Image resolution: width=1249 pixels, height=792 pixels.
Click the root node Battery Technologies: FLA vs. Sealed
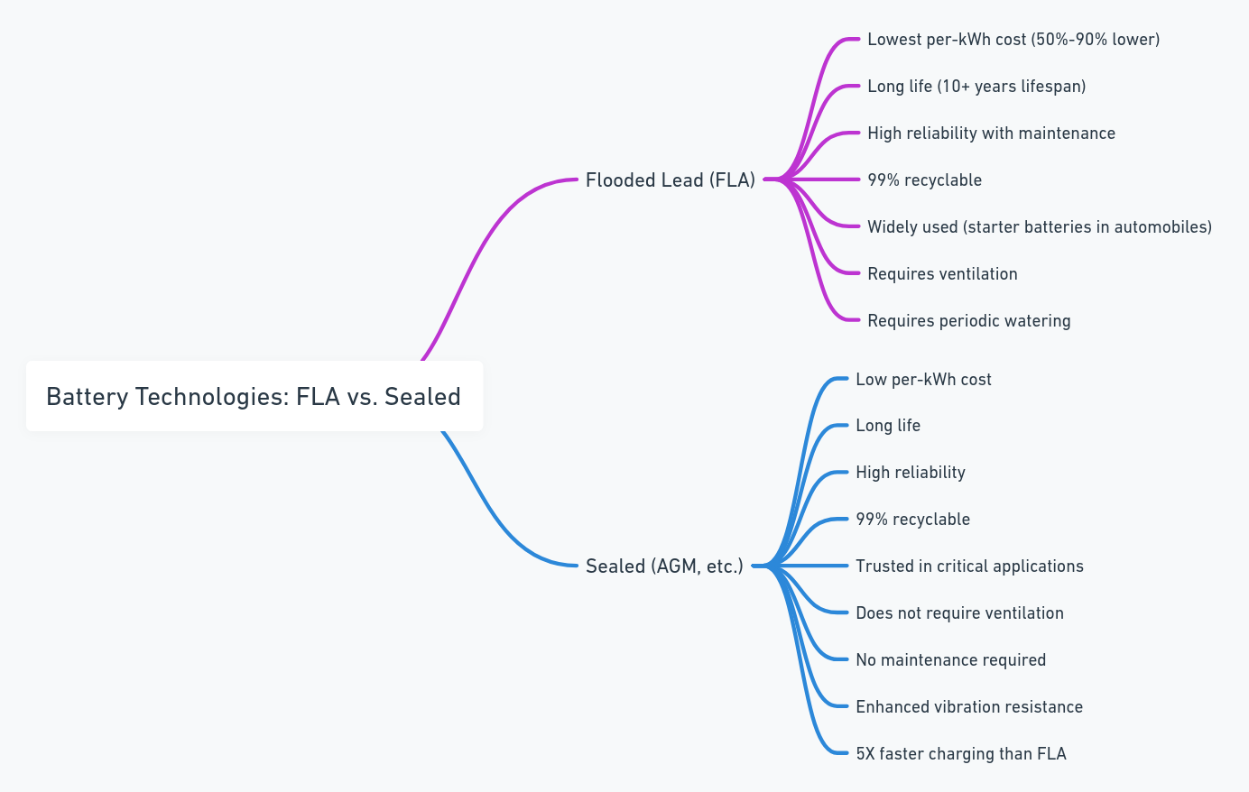coord(254,396)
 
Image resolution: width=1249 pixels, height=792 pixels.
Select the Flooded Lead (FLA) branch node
coord(671,180)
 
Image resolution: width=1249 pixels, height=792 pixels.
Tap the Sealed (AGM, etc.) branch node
coord(664,566)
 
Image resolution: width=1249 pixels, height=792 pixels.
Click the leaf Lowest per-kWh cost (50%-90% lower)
coord(1013,40)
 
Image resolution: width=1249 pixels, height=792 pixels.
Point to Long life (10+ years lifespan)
coord(976,87)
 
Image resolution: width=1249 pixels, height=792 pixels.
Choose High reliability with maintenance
coord(991,134)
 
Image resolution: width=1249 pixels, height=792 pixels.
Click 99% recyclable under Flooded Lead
coord(924,180)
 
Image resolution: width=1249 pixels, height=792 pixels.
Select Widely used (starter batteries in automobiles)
coord(1040,226)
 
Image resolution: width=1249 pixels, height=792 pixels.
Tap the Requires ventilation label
coord(942,273)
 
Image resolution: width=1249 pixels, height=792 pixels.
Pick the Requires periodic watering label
coord(968,320)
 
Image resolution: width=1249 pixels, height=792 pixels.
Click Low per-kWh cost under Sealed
coord(923,380)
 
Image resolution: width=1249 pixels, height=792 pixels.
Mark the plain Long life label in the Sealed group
coord(888,426)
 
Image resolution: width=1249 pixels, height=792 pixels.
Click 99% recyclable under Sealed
coord(912,520)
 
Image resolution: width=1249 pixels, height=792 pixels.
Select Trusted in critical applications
coord(969,566)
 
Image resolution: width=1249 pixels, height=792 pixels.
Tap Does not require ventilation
coord(959,613)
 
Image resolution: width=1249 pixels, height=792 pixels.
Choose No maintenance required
coord(950,660)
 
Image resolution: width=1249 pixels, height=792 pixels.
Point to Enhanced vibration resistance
coord(969,706)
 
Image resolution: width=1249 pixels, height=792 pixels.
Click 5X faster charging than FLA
coord(961,753)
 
